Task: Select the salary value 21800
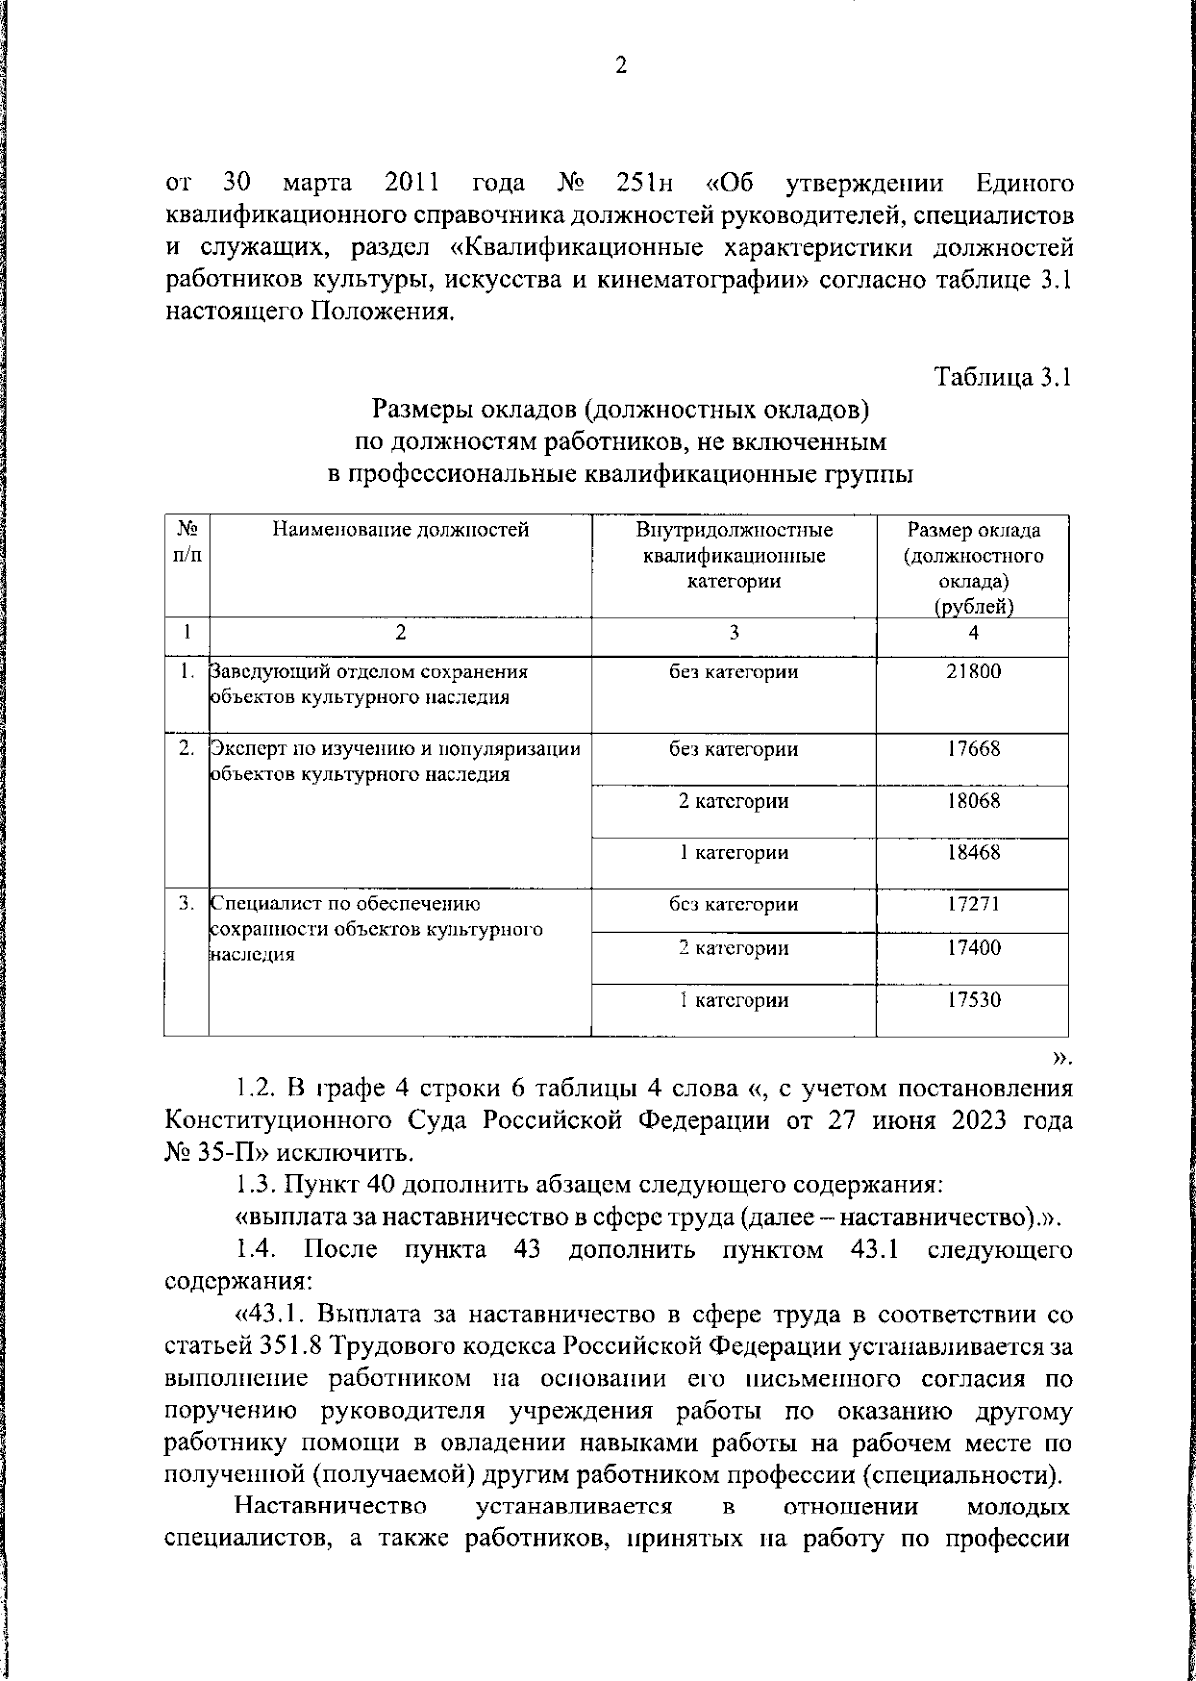973,672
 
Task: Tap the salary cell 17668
973,749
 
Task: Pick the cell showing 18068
973,801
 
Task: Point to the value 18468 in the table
973,852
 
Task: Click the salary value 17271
973,904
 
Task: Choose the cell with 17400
973,948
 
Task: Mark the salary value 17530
973,1000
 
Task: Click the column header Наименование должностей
401,530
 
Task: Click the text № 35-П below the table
213,1154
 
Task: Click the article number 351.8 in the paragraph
285,1348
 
